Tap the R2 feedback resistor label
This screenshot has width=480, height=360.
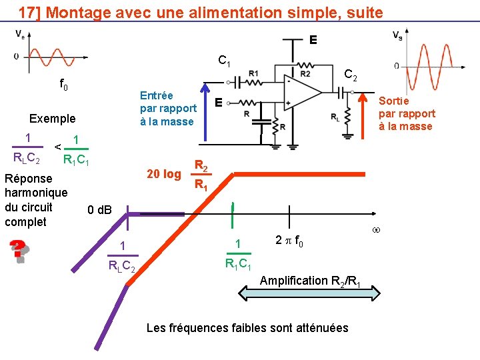(305, 73)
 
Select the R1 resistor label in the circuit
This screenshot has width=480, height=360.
(253, 73)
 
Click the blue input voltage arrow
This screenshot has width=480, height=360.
(207, 111)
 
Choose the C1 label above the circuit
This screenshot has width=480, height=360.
(225, 61)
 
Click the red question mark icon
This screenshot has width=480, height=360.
(19, 251)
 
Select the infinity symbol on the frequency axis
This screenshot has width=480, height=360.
(375, 231)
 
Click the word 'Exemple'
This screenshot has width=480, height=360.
(53, 119)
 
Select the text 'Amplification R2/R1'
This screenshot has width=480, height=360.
(310, 281)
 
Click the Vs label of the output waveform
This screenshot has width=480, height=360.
(397, 35)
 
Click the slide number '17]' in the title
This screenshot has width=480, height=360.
(30, 12)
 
